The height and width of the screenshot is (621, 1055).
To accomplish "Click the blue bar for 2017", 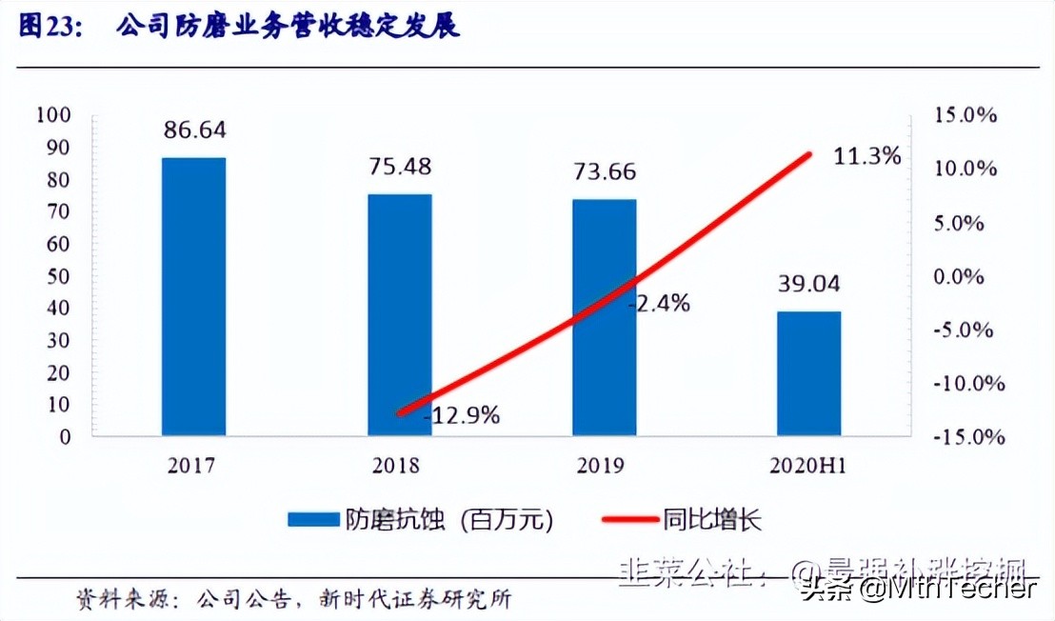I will (x=193, y=296).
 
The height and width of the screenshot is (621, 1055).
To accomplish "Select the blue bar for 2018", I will (x=399, y=314).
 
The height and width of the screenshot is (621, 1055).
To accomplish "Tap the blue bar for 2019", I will (x=604, y=317).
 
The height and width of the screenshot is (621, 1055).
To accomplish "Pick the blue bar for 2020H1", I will (x=808, y=373).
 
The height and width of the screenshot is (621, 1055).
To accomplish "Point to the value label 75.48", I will (x=400, y=167).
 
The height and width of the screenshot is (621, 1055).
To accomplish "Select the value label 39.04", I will (x=809, y=284).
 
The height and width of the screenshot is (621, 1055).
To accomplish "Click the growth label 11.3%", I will (x=866, y=156).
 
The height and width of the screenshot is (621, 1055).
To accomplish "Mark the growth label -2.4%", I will (x=659, y=304).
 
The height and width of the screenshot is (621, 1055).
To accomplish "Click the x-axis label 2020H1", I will (x=809, y=466).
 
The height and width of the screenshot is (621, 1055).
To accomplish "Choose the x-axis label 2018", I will (x=400, y=466).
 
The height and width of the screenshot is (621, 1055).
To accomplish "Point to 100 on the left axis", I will (x=52, y=115).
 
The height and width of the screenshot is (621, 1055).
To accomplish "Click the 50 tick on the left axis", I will (x=58, y=276).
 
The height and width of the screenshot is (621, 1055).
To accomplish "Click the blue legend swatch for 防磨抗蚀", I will (x=313, y=520).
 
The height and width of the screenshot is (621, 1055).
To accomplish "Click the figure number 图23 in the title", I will (x=50, y=27).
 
